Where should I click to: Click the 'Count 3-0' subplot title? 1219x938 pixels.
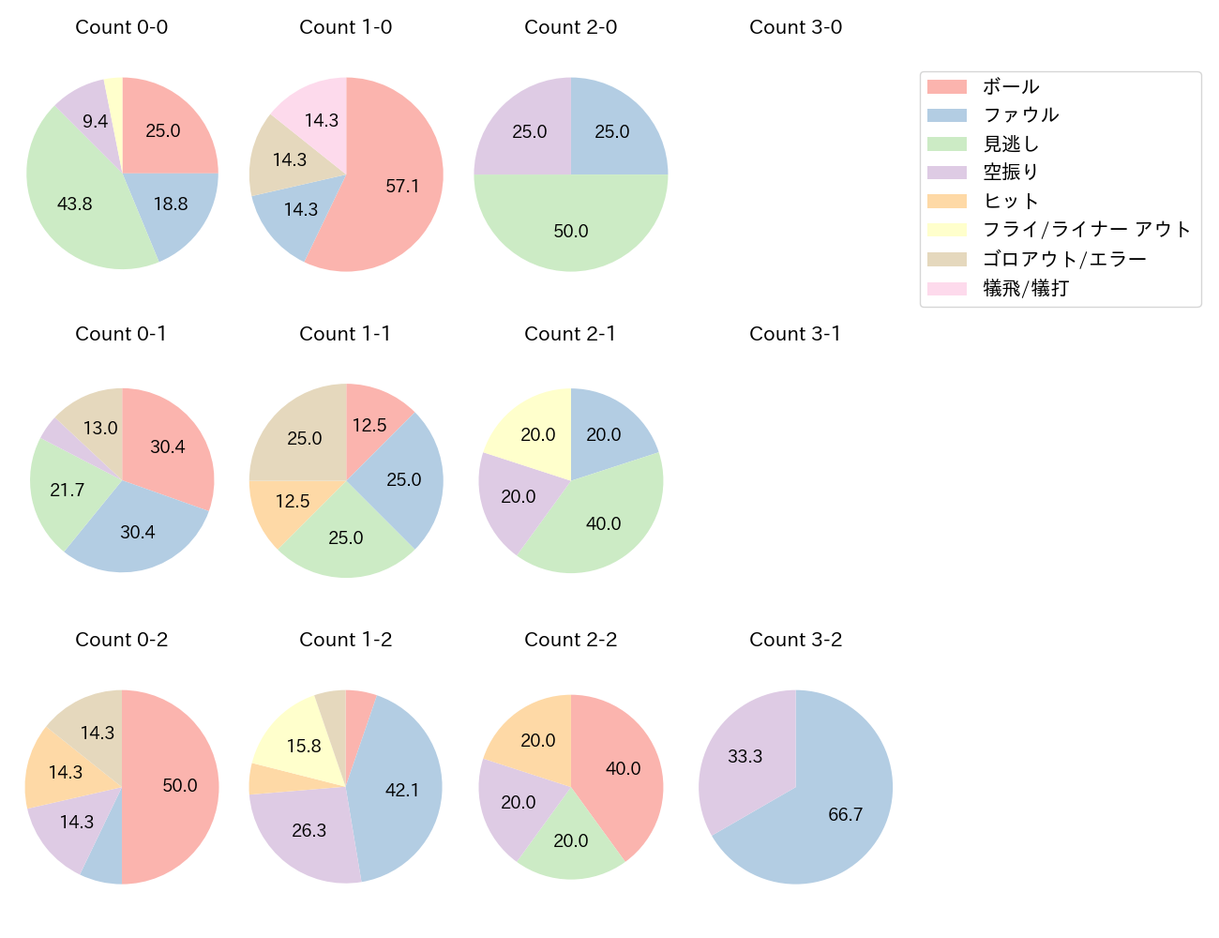795,27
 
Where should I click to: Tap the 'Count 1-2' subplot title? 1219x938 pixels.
345,640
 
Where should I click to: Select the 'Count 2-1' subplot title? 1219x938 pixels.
570,334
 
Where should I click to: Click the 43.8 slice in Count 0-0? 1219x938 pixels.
75,203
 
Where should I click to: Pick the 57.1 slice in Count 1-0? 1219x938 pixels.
401,186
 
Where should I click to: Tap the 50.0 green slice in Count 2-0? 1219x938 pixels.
570,231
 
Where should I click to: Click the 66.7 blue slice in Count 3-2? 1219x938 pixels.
844,813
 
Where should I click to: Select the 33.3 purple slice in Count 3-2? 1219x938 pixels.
745,756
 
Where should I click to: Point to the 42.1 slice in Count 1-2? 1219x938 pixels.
401,790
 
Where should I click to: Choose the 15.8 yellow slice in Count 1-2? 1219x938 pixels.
304,746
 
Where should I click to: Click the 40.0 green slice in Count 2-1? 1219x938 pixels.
603,523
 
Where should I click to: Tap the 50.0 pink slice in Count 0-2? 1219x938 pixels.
179,785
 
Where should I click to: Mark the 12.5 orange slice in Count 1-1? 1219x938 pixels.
293,501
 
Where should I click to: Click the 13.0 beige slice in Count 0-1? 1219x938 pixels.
99,428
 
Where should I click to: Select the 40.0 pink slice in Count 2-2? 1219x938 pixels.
623,768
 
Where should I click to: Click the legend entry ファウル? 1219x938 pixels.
1020,115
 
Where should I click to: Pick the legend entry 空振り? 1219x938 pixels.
1010,173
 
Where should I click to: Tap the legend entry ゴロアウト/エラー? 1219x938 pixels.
1063,259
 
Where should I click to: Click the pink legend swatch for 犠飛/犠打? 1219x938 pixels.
946,288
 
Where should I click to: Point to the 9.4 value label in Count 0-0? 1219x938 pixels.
95,121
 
